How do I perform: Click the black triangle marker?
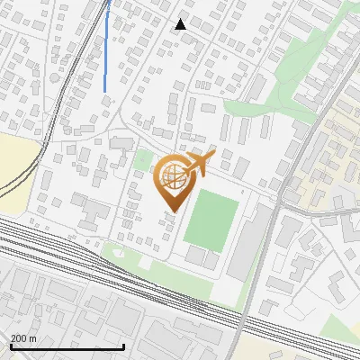(181, 24)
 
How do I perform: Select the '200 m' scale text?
(24, 338)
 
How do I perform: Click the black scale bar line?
(67, 347)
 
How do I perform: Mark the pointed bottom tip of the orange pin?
(172, 211)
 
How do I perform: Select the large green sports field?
(211, 219)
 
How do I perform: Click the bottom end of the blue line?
(106, 90)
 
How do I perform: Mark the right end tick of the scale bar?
(123, 346)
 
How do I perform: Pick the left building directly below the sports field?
(196, 256)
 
